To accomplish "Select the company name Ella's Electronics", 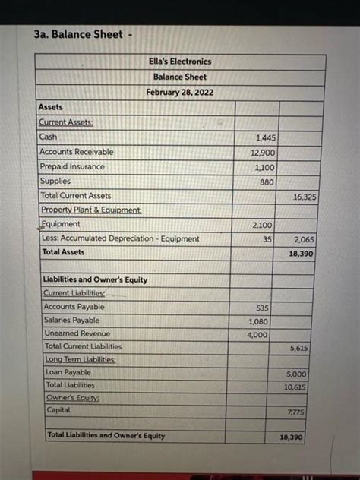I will tap(180, 62).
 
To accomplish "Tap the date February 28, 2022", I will tap(180, 93).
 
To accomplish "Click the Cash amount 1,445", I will tap(266, 137).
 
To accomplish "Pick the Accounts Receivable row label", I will tap(76, 152).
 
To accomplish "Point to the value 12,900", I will tap(264, 153).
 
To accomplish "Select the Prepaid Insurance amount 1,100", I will tap(264, 167).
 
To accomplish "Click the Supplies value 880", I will tap(267, 182).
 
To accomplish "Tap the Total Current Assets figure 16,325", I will tap(305, 196).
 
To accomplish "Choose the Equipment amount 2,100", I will tap(263, 225).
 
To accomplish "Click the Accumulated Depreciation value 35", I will tap(268, 238).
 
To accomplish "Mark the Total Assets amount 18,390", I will tap(302, 254).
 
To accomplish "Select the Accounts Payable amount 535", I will tap(262, 308).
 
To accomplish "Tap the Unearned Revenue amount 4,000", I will tap(257, 335).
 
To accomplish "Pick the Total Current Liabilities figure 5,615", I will tap(298, 348).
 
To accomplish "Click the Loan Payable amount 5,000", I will tap(296, 374).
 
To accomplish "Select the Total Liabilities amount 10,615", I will tap(295, 387).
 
